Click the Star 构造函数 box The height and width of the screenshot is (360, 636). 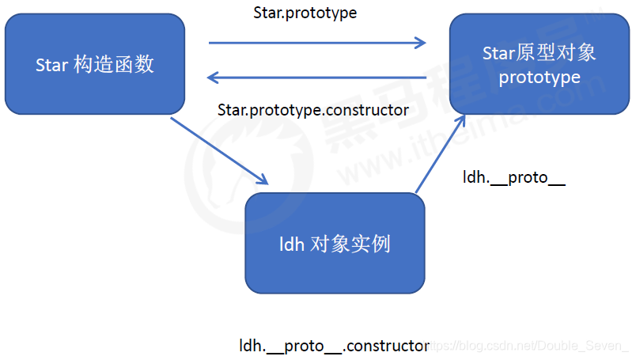point(95,63)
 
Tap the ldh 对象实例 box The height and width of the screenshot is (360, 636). point(335,243)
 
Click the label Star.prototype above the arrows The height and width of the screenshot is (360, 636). point(305,13)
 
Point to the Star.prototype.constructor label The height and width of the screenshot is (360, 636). point(313,109)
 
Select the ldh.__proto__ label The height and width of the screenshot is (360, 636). point(514,177)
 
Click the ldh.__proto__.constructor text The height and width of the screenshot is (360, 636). point(335,346)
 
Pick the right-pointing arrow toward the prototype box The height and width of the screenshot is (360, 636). point(316,44)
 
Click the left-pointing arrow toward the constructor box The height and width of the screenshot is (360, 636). point(316,77)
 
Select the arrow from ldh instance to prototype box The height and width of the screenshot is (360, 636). point(439,154)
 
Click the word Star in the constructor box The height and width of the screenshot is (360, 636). point(52,64)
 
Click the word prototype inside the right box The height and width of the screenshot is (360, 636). point(539,78)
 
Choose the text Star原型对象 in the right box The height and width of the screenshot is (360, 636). point(539,53)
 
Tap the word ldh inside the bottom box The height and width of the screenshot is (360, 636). point(292,244)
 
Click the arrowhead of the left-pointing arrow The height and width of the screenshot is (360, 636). point(212,77)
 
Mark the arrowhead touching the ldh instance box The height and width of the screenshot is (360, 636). point(264,180)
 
